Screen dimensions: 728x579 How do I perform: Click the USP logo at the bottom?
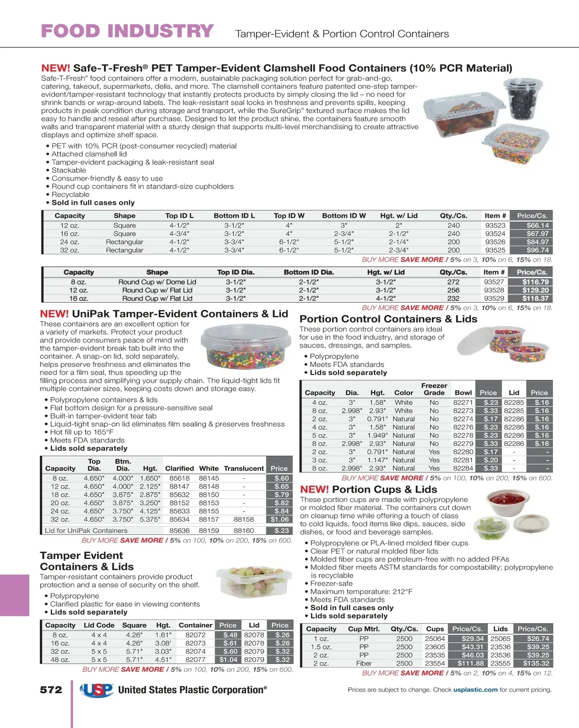pyautogui.click(x=96, y=690)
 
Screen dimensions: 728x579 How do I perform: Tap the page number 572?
pyautogui.click(x=51, y=690)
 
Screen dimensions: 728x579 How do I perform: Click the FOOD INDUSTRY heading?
pyautogui.click(x=127, y=31)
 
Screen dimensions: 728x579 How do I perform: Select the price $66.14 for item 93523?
pyautogui.click(x=537, y=225)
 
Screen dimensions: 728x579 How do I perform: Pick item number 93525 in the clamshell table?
pyautogui.click(x=495, y=250)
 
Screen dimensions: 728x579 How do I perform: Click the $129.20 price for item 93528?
pyautogui.click(x=535, y=290)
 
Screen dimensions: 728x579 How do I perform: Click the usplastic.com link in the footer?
pyautogui.click(x=475, y=690)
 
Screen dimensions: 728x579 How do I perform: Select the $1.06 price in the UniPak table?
pyautogui.click(x=279, y=519)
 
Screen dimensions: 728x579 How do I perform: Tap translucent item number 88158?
pyautogui.click(x=244, y=519)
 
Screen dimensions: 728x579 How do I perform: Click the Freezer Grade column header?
pyautogui.click(x=434, y=389)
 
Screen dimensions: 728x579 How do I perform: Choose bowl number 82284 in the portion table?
pyautogui.click(x=463, y=468)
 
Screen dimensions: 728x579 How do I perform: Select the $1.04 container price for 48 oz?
pyautogui.click(x=228, y=659)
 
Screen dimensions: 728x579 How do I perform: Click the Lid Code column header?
pyautogui.click(x=99, y=625)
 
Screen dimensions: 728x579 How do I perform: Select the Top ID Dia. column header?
pyautogui.click(x=235, y=272)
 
